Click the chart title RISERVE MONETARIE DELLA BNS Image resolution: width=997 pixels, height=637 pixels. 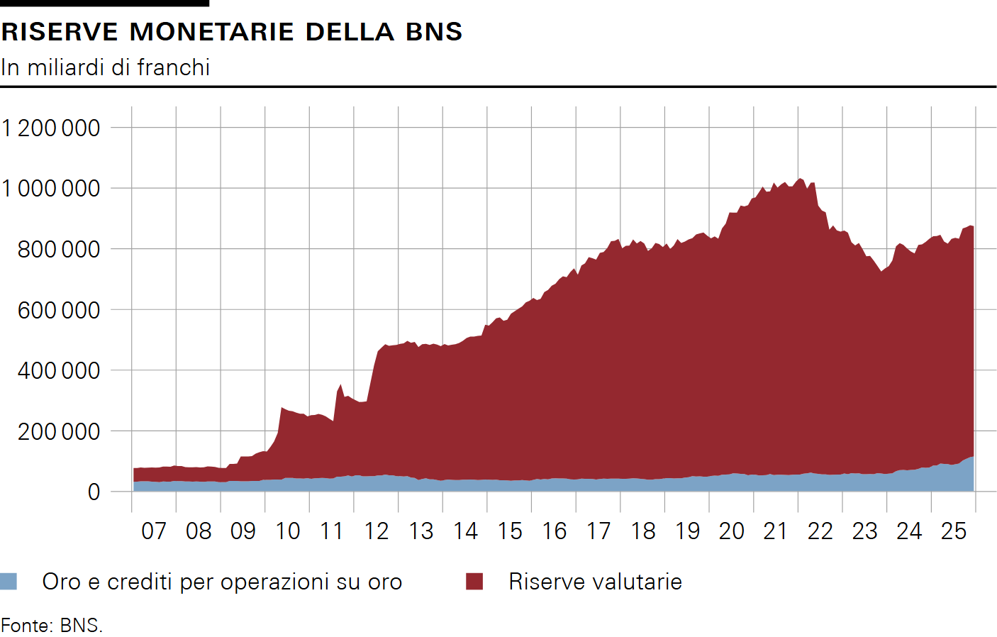pos(232,32)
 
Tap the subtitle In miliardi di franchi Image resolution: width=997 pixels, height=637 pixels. pos(106,67)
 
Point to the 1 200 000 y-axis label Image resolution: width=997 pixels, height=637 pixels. pos(51,128)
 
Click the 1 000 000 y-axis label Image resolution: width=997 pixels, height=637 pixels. pos(51,189)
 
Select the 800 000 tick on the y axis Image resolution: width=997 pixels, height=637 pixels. pos(59,250)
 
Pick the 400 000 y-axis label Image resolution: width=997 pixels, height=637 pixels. pos(59,370)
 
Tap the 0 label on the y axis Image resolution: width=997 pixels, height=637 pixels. pos(94,492)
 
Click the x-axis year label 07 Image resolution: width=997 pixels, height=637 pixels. pos(154,531)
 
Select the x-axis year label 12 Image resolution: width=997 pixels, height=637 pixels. pos(377,531)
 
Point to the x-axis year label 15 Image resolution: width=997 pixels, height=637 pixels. pos(510,531)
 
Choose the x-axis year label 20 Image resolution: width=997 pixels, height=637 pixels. pos(732,531)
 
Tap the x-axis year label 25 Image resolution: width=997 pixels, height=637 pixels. pos(954,531)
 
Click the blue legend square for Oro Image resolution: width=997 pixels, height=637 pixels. pos(9,582)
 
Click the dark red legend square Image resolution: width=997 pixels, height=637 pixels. pos(474,582)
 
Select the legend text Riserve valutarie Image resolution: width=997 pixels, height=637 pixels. pos(595,582)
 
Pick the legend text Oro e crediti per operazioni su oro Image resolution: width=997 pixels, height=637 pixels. pos(222,582)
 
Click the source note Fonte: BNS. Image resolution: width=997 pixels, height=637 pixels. pos(52,626)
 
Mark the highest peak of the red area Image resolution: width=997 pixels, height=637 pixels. pos(800,179)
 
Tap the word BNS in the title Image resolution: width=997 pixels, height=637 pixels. pos(434,32)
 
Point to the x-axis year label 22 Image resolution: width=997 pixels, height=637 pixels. pos(820,531)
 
